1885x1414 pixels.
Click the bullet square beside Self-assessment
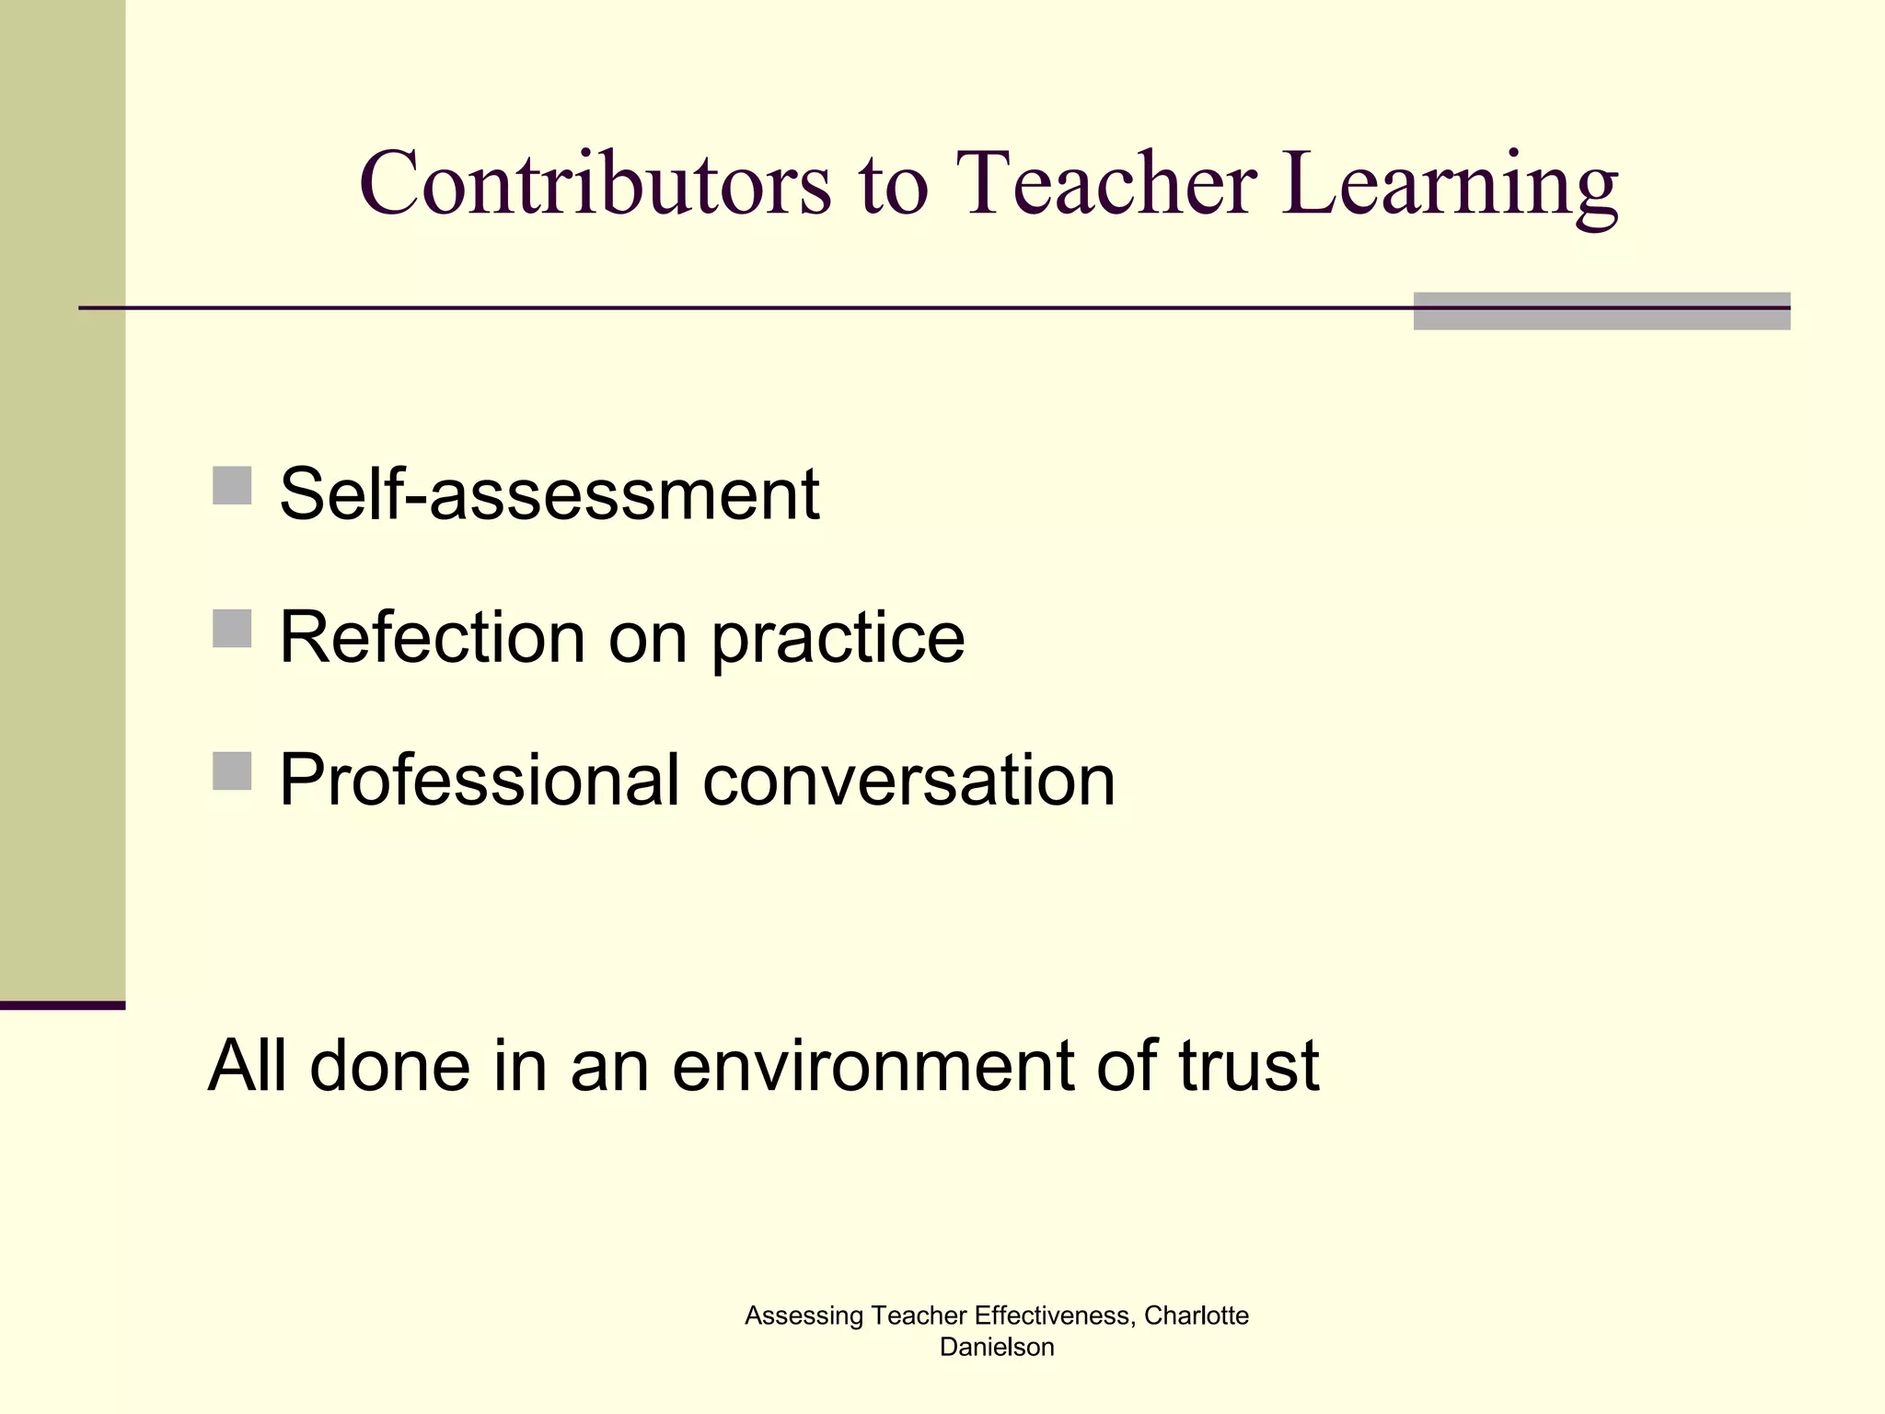coord(232,485)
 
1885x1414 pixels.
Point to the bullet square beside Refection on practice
coord(232,629)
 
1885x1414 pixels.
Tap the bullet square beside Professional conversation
coord(232,771)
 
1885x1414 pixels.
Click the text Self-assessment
coord(549,494)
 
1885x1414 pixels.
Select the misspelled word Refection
coord(432,637)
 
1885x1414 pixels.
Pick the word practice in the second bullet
coord(838,639)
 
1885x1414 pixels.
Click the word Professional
coord(479,780)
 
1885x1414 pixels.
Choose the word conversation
coord(908,780)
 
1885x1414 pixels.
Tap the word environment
coord(873,1065)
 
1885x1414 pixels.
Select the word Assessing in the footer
coord(804,1317)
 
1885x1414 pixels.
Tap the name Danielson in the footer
coord(997,1348)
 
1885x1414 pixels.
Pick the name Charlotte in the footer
coord(1197,1316)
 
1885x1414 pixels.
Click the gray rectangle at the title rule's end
coord(1602,311)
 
